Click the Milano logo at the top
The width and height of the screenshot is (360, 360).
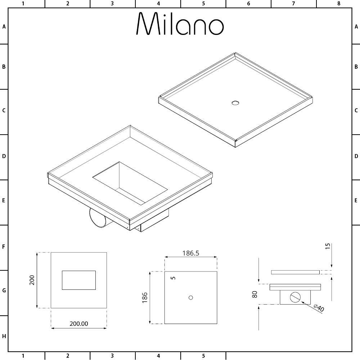pyautogui.click(x=180, y=23)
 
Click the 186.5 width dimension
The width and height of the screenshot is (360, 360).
pyautogui.click(x=191, y=253)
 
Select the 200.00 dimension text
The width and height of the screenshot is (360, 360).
pyautogui.click(x=79, y=324)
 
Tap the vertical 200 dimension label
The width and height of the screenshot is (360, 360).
pyautogui.click(x=32, y=280)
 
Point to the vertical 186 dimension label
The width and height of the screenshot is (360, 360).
pyautogui.click(x=145, y=298)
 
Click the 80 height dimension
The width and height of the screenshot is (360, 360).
pyautogui.click(x=255, y=294)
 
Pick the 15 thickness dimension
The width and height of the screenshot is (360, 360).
pyautogui.click(x=328, y=246)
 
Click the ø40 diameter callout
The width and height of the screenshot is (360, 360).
pyautogui.click(x=319, y=308)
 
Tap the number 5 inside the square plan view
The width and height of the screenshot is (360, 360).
pyautogui.click(x=174, y=278)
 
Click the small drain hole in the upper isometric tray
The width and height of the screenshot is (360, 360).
pyautogui.click(x=235, y=103)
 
